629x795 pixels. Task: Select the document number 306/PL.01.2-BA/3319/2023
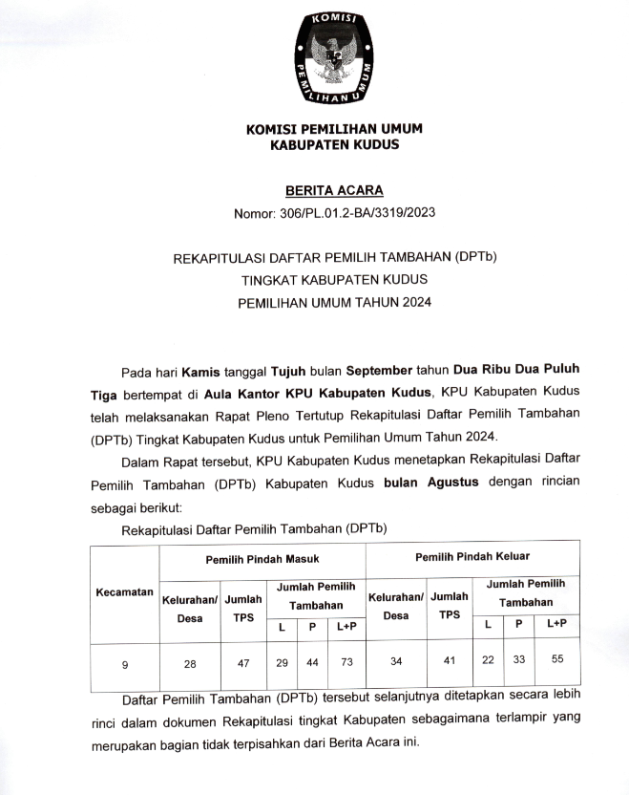coord(360,212)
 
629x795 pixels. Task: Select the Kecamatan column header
coord(125,592)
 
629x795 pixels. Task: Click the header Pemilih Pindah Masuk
coord(262,557)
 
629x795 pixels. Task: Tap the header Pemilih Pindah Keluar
coord(472,556)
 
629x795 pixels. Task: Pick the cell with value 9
coord(125,660)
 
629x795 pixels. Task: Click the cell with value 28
coord(190,661)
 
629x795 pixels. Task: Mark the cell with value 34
coord(395,661)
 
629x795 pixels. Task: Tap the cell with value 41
coord(449,661)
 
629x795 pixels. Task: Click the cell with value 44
coord(311,661)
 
